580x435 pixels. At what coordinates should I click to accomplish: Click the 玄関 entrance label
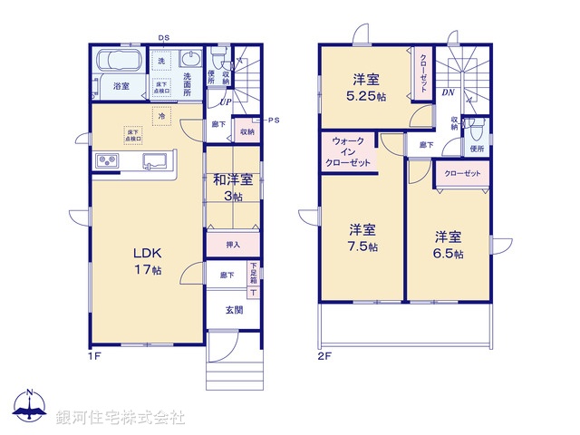234,310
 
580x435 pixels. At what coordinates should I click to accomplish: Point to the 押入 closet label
233,245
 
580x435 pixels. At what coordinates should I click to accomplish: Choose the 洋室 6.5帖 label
449,246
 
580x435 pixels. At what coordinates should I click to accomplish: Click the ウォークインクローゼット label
350,152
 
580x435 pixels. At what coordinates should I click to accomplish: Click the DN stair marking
447,92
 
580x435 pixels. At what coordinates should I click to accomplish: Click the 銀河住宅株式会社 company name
120,418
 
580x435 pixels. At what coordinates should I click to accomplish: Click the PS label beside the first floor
273,120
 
